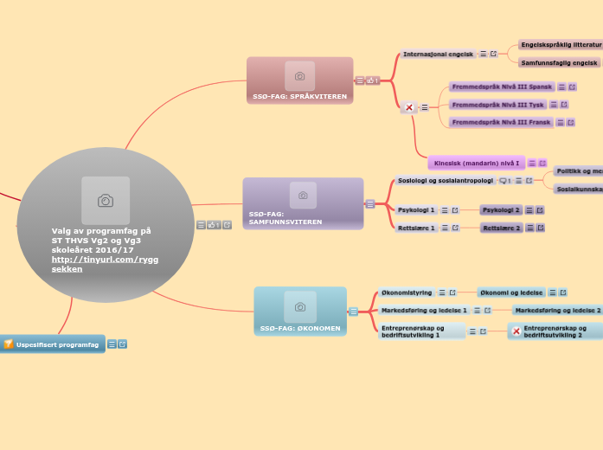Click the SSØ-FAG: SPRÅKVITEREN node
(x=299, y=80)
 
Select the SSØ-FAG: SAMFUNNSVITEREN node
(x=303, y=204)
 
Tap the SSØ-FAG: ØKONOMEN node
(x=300, y=312)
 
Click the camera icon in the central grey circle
(x=106, y=201)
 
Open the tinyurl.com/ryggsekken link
(x=105, y=264)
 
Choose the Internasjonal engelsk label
(x=439, y=54)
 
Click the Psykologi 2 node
(x=501, y=209)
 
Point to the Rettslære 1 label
(x=416, y=228)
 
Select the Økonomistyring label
(x=407, y=292)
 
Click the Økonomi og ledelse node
(x=511, y=292)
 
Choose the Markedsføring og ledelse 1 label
(x=424, y=310)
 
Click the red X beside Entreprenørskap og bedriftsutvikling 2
(x=516, y=331)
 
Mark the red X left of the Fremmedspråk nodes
(x=409, y=107)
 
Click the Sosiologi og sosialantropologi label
(x=445, y=181)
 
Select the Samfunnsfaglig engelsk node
(x=560, y=62)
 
